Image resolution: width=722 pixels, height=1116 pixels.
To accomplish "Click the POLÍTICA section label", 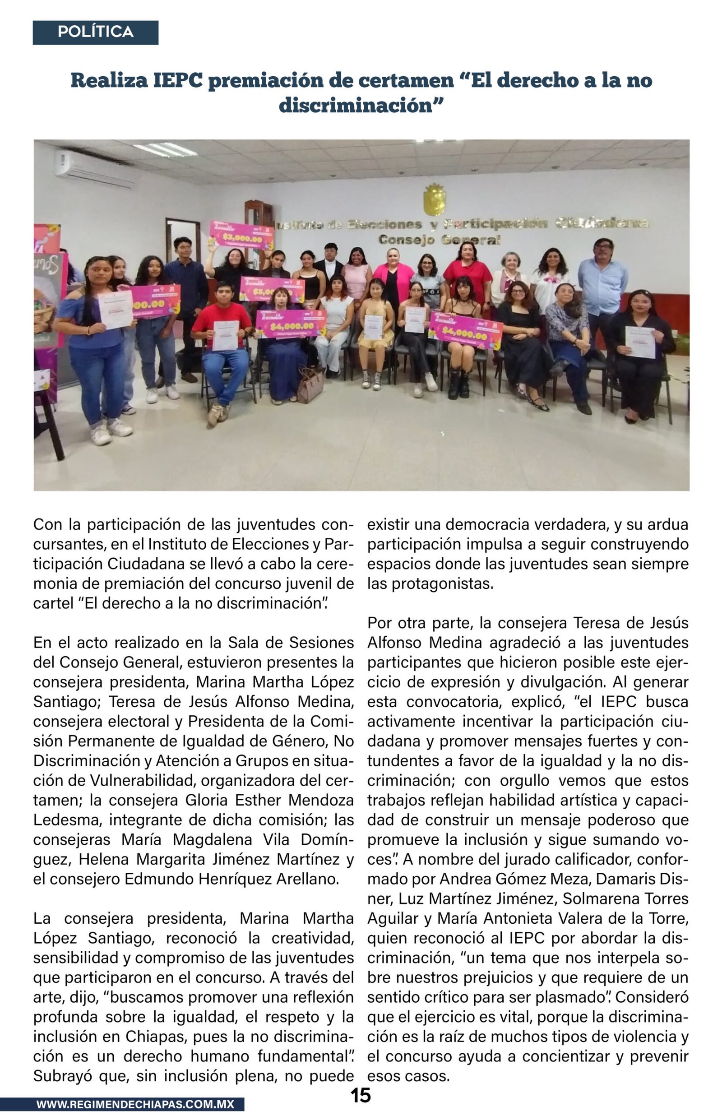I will click(95, 32).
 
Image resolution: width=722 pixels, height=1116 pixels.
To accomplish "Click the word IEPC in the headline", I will click(178, 81).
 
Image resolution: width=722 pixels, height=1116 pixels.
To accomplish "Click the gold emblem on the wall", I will click(435, 199).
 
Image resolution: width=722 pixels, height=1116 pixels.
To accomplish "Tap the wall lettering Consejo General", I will click(440, 240).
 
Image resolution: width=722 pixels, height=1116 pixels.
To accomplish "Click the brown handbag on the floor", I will click(310, 386).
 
